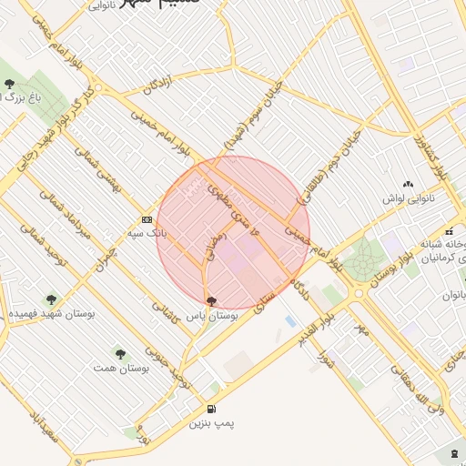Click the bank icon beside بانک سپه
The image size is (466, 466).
(x=147, y=219)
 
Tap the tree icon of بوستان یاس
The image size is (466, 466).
(x=212, y=300)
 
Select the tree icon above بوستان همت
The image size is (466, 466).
(x=119, y=353)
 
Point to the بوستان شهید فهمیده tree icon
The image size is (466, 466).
(x=50, y=298)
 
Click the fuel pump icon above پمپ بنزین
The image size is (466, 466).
(x=212, y=410)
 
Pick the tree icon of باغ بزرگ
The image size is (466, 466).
(x=9, y=84)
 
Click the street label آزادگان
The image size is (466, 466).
(x=158, y=88)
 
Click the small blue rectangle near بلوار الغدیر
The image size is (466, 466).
(x=289, y=321)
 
